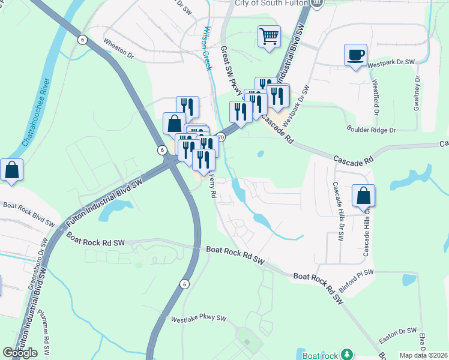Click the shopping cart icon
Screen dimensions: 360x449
270,35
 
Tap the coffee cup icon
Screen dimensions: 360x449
355,55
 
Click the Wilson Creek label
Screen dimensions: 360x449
207,47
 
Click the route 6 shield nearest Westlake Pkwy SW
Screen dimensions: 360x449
184,284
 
